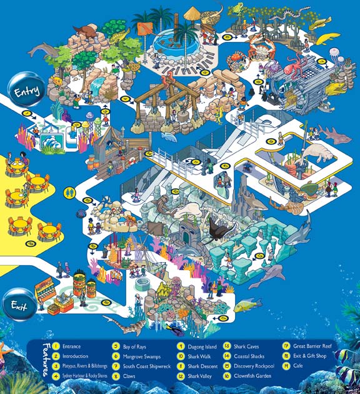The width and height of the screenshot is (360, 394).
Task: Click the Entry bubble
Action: click(25, 91)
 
